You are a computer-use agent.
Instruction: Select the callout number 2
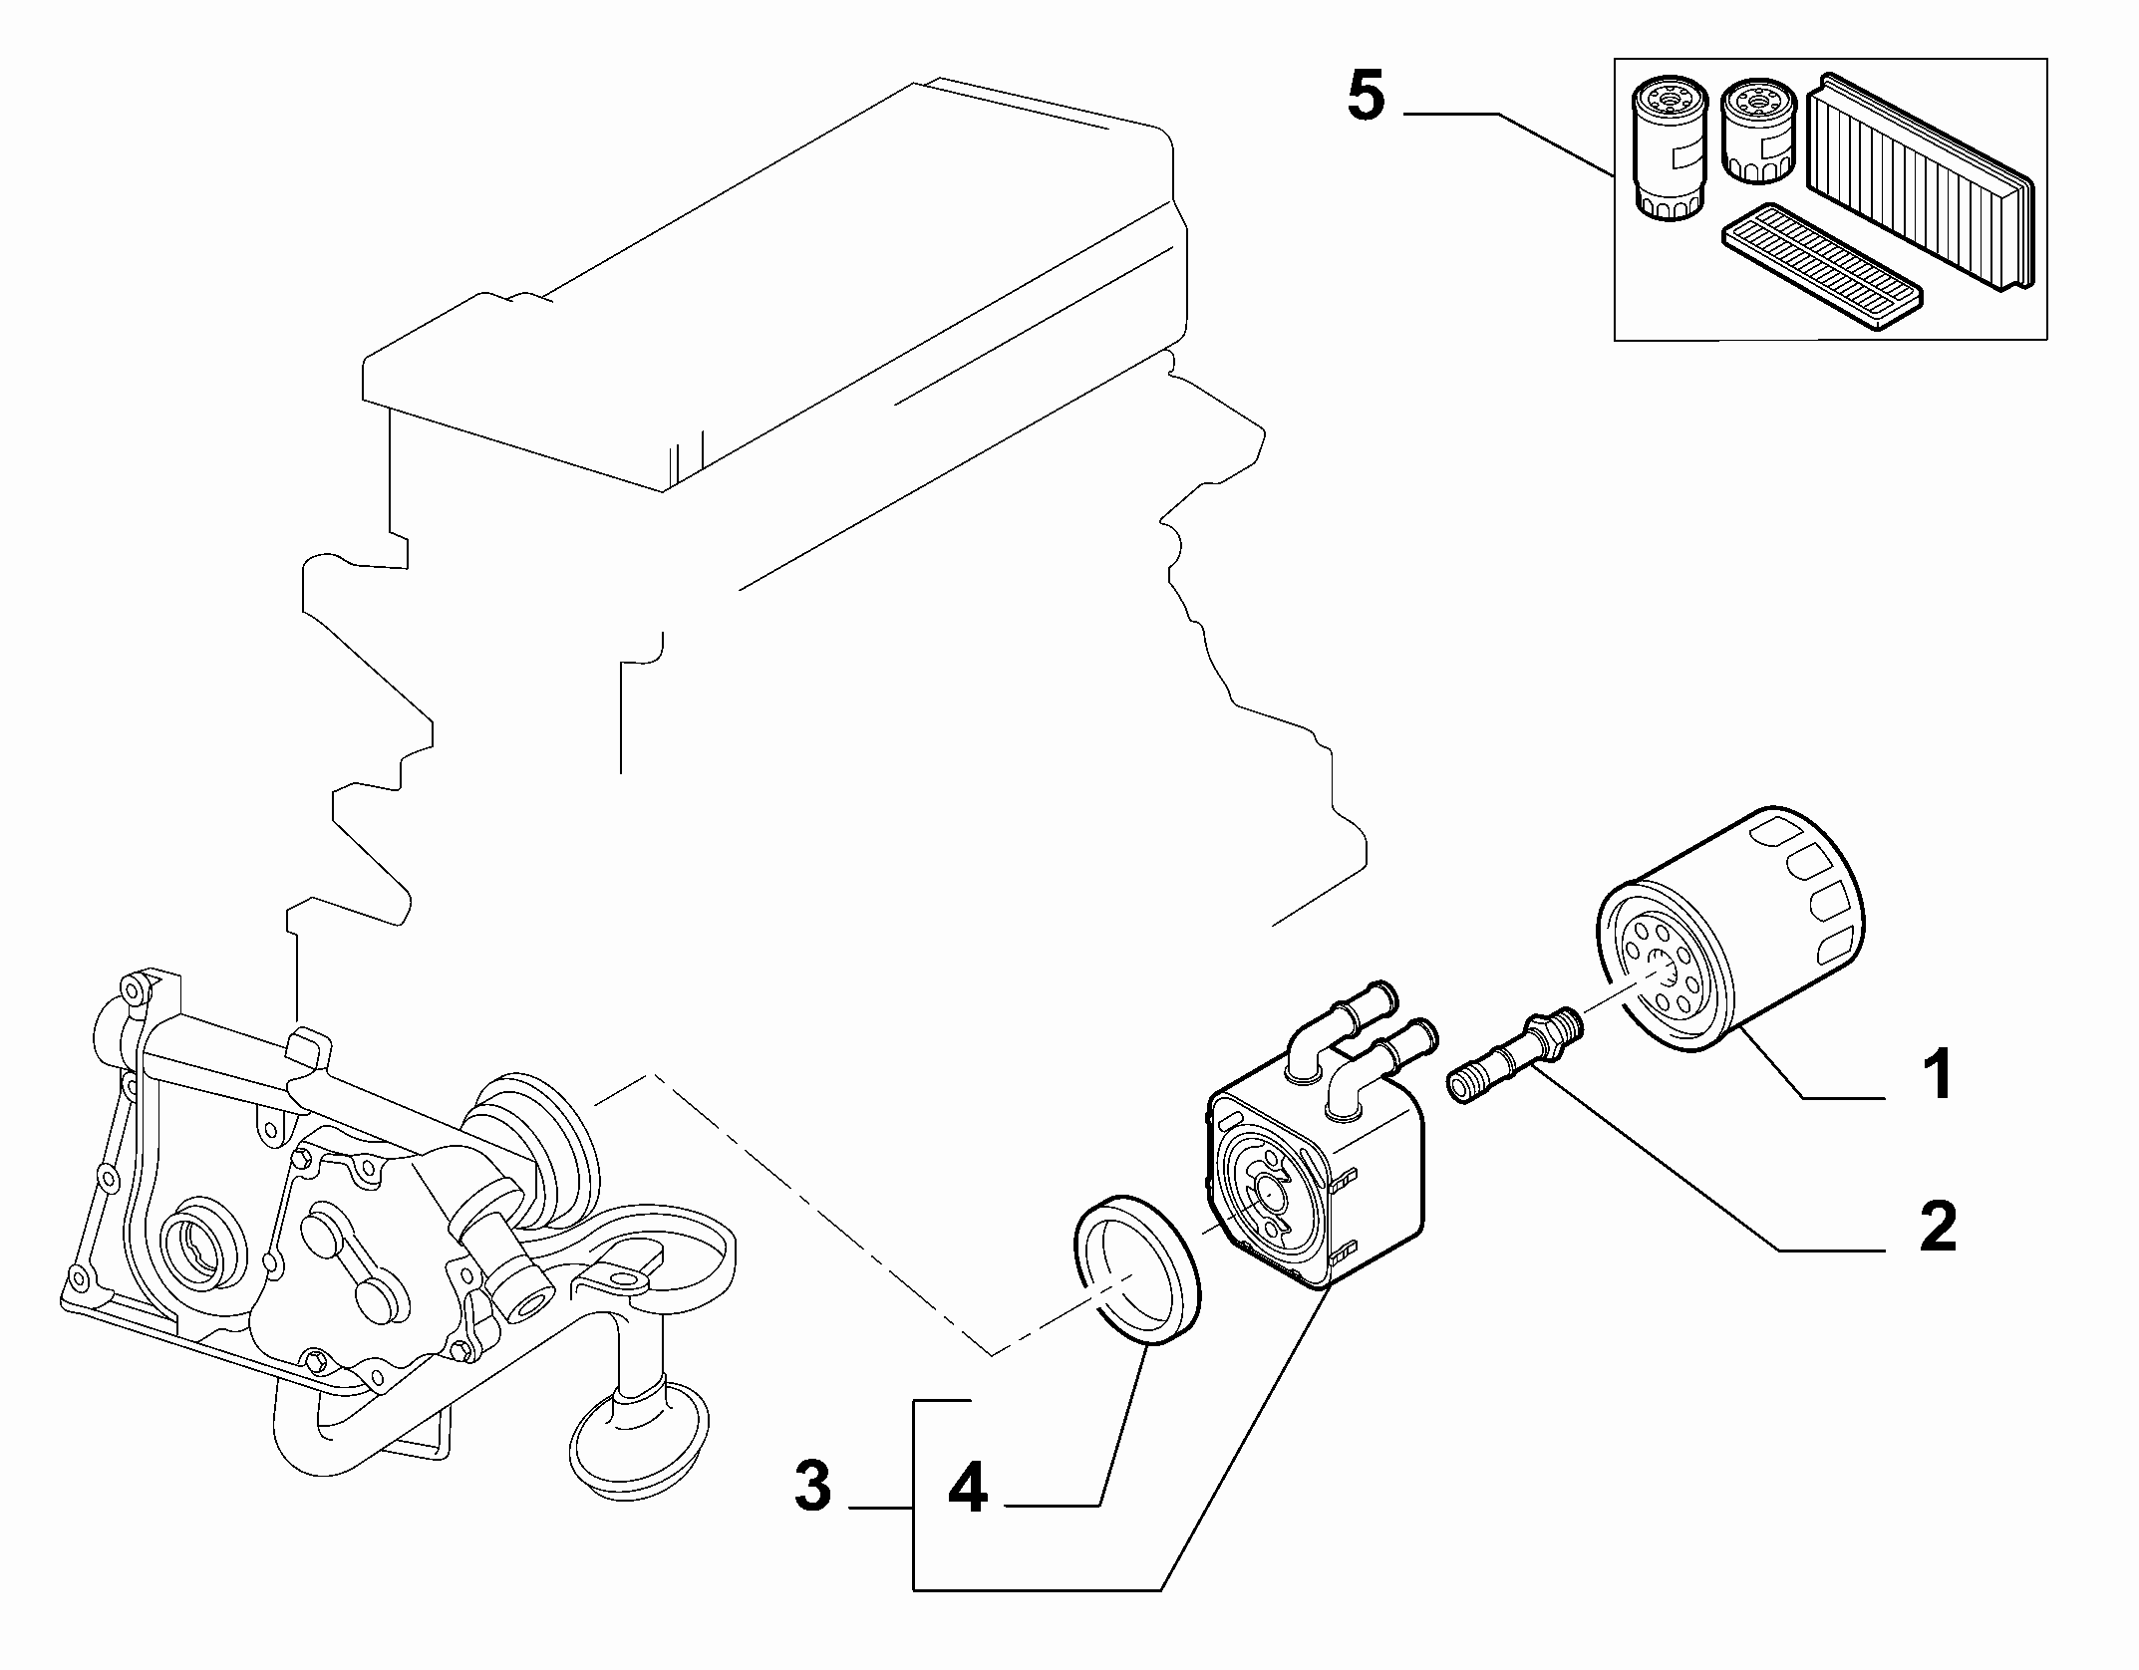click(1937, 1228)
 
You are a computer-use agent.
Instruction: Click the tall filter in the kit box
click(1667, 150)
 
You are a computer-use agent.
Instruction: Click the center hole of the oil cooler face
click(1270, 1189)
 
